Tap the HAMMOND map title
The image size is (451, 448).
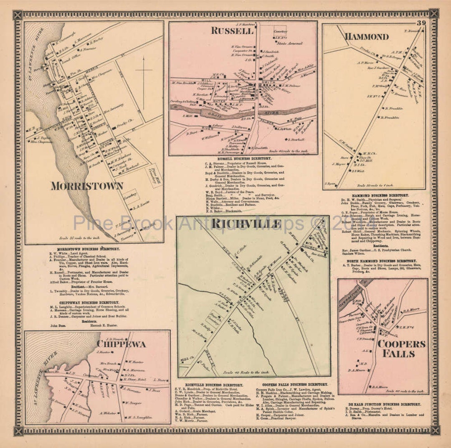pos(366,37)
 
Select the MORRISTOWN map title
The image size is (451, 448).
pos(87,186)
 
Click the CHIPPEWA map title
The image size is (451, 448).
pos(122,344)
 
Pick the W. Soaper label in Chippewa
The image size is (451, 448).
pos(133,403)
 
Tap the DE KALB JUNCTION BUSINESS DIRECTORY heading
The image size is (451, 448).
pos(383,405)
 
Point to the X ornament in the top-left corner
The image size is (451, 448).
pos(17,15)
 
